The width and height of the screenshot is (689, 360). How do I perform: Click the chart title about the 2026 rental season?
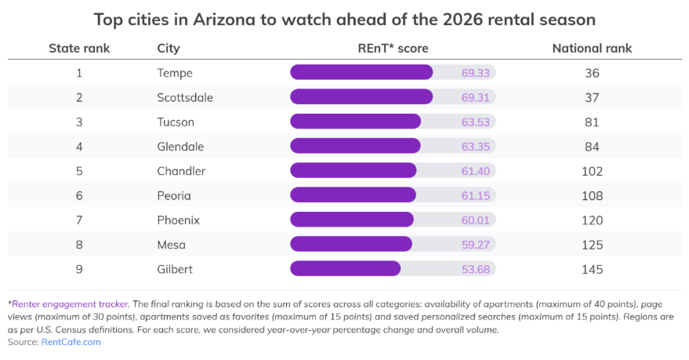pos(344,18)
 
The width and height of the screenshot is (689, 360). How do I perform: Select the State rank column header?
pos(79,49)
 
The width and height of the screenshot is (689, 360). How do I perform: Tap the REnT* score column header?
pos(393,49)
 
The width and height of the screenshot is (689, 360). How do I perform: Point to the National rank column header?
pos(592,49)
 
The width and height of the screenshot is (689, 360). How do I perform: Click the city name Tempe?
pos(175,73)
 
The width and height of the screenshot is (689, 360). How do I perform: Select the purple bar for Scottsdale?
pos(361,97)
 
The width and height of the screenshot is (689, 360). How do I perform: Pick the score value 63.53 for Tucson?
pos(475,122)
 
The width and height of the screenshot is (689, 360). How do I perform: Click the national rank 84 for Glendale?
pos(592,147)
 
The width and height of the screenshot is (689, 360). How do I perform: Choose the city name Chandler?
pos(181,171)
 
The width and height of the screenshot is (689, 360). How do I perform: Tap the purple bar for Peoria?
pos(353,195)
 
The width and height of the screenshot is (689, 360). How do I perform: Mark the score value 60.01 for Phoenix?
pos(475,220)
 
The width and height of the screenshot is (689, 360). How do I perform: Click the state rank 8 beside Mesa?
pos(79,245)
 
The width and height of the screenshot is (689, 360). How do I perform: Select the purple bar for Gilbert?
pos(345,269)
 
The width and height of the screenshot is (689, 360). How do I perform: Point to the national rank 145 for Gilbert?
pos(592,269)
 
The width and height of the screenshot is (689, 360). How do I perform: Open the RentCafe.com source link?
pos(71,342)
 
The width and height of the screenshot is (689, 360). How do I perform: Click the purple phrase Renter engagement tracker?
pos(68,304)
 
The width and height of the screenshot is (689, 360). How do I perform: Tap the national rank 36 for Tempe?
pos(592,73)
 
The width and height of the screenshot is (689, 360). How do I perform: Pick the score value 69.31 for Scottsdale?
pos(475,97)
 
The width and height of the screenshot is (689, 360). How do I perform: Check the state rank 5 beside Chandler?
pos(79,171)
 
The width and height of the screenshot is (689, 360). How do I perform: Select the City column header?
pos(169,49)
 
